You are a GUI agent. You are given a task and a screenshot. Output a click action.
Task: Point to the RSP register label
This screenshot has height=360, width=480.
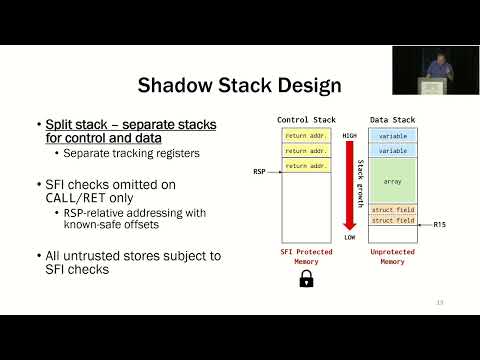259,171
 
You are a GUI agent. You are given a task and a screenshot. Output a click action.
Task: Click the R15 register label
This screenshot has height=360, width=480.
440,225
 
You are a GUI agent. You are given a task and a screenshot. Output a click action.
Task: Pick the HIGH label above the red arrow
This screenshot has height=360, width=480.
350,135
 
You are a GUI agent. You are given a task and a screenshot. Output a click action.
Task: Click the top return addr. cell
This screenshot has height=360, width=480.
307,135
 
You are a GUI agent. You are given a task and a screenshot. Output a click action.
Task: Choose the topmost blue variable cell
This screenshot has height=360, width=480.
393,135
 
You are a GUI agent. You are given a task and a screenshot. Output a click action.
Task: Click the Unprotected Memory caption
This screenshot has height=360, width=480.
393,257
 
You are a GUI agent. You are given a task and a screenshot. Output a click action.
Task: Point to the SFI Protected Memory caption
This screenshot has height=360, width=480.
307,257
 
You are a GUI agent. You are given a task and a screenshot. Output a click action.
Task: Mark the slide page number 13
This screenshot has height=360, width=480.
440,301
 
